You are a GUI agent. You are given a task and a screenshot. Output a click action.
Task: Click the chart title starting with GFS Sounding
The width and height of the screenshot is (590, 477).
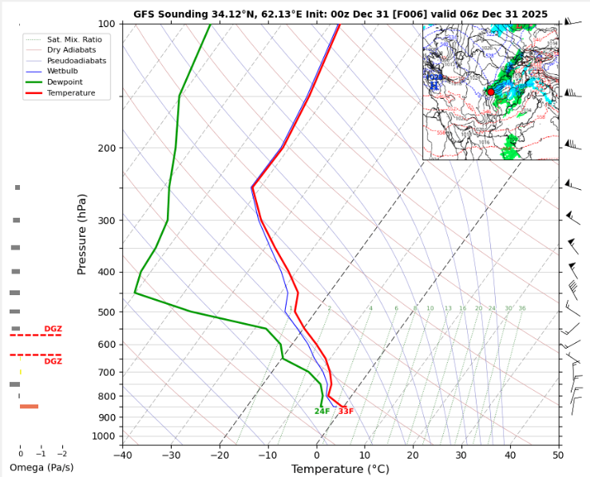pyautogui.click(x=340, y=14)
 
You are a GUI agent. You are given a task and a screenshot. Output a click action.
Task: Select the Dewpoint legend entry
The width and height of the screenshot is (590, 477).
pyautogui.click(x=66, y=82)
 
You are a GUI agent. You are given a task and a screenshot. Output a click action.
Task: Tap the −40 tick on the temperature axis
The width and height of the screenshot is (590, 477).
pyautogui.click(x=122, y=455)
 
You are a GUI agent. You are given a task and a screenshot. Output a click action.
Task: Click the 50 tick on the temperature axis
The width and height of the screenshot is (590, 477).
pyautogui.click(x=557, y=455)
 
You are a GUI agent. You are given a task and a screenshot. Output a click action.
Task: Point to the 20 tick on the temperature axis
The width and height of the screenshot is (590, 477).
pyautogui.click(x=413, y=455)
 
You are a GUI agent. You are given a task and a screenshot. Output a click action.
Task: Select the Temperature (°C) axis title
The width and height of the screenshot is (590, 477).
pyautogui.click(x=340, y=469)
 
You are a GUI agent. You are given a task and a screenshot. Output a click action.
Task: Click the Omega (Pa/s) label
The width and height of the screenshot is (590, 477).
pyautogui.click(x=42, y=467)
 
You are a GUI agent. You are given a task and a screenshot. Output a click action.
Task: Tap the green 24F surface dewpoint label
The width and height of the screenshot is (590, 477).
pyautogui.click(x=322, y=412)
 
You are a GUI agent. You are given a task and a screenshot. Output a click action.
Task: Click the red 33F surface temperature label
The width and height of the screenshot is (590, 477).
pyautogui.click(x=346, y=412)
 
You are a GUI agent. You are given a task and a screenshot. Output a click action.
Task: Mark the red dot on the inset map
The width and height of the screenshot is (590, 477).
pyautogui.click(x=490, y=92)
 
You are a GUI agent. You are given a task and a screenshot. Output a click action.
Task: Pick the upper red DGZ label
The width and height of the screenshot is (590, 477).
pyautogui.click(x=53, y=329)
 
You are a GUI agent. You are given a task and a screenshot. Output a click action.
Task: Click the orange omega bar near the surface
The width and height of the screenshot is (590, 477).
pyautogui.click(x=29, y=407)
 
